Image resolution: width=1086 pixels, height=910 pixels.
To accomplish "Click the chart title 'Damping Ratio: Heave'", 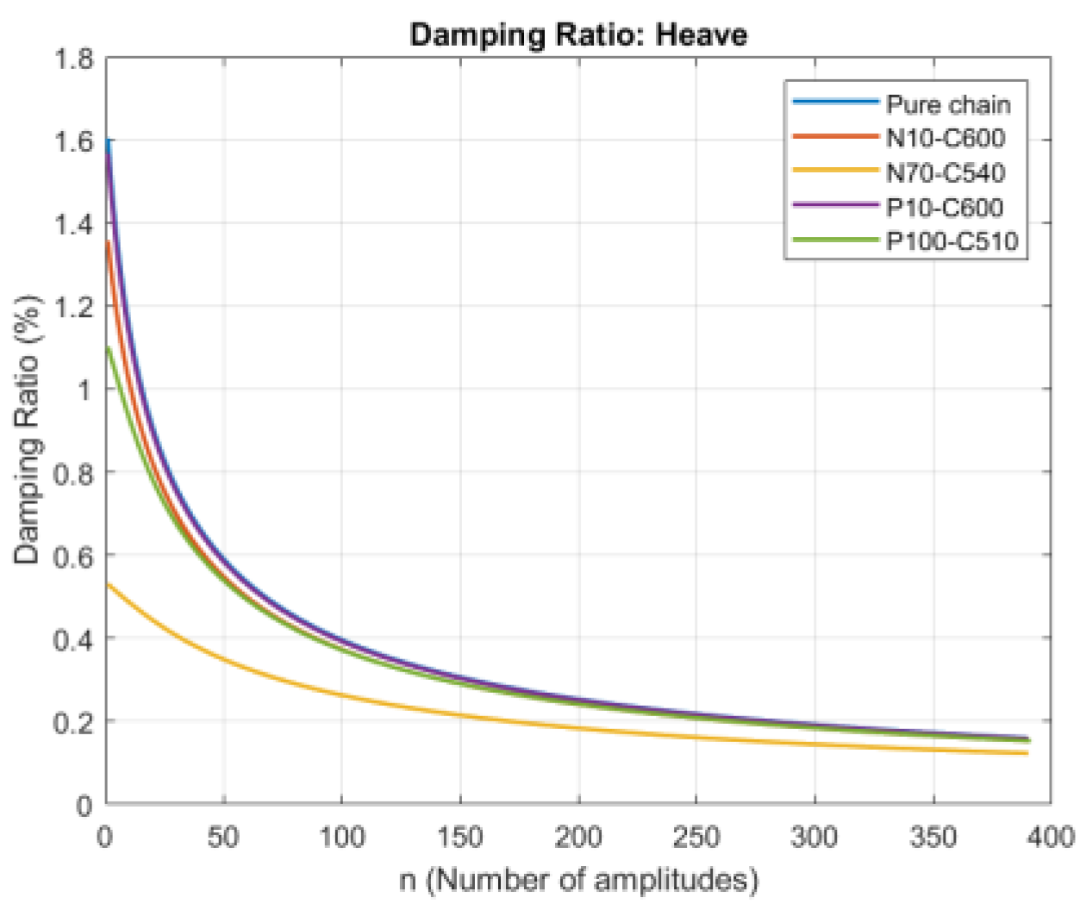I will (578, 35).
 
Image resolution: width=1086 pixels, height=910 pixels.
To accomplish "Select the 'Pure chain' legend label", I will (948, 104).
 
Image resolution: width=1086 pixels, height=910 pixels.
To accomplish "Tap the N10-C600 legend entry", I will (946, 139).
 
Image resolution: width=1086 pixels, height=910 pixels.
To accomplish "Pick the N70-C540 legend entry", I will (946, 173).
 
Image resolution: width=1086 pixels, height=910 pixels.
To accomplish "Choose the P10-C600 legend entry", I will (945, 208).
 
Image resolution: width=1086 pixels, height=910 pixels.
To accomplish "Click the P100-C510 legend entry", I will (952, 241).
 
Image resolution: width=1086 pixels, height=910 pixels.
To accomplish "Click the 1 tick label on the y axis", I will (84, 390).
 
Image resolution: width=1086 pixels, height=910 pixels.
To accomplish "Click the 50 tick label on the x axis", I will (223, 836).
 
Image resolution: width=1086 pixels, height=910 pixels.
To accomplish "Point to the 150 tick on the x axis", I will (460, 836).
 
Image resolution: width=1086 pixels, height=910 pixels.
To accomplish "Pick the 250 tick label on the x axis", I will (696, 836).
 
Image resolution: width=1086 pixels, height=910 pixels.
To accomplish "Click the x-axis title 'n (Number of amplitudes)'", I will (578, 880).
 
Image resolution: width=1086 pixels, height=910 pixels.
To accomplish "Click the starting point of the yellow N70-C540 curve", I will (108, 584).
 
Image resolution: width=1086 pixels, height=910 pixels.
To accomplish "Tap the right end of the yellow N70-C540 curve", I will (1027, 753).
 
